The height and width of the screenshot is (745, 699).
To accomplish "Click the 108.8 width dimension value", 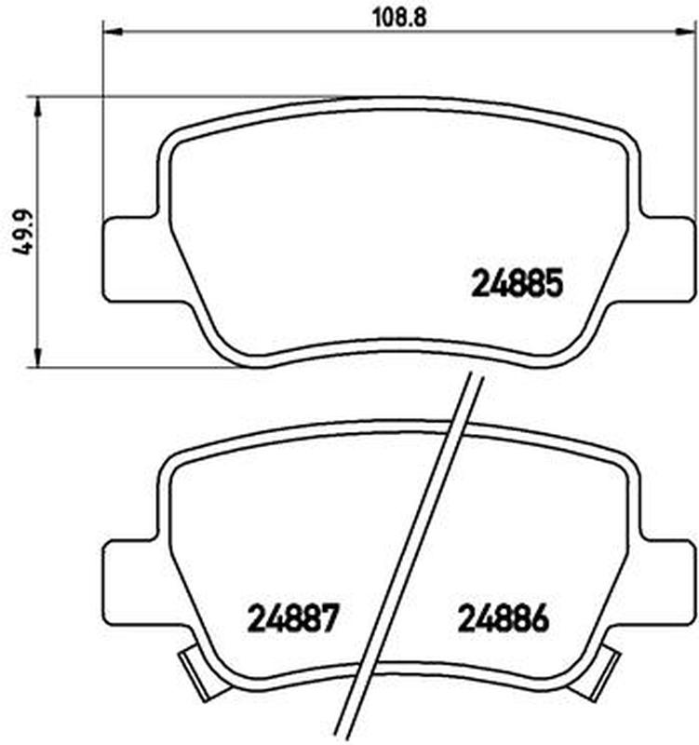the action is tap(399, 17).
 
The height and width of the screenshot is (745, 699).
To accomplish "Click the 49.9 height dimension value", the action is tap(22, 232).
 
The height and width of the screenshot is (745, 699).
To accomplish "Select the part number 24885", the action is tap(517, 283).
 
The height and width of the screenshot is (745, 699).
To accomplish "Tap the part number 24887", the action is tap(293, 618).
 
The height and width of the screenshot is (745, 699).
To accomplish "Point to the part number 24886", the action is tap(503, 618).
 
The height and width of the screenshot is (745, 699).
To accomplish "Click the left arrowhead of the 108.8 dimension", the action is tap(113, 32).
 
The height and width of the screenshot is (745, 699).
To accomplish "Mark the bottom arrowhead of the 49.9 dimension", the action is tap(38, 357).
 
